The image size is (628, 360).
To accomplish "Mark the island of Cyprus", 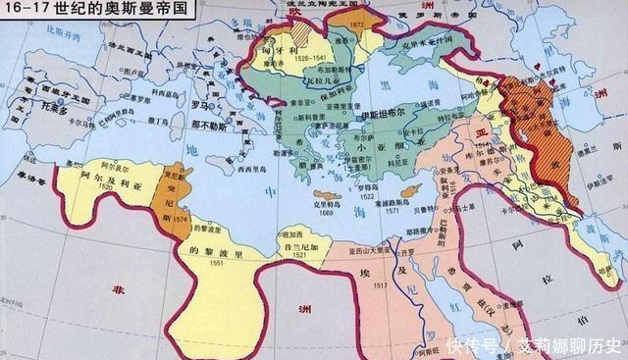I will pos(417,186).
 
